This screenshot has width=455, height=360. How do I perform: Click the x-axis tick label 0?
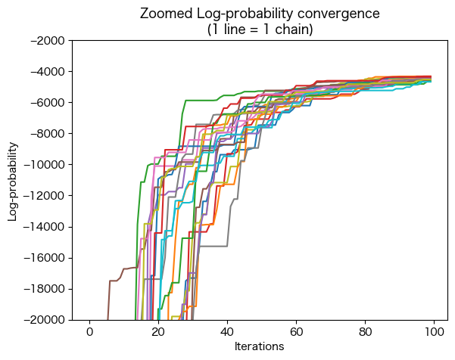[89, 332]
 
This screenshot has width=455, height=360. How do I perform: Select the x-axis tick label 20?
[158, 332]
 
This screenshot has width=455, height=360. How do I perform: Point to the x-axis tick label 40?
[227, 332]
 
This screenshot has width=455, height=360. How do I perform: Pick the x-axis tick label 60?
[296, 332]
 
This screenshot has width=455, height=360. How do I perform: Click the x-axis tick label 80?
[365, 332]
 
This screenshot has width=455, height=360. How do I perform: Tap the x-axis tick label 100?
[434, 332]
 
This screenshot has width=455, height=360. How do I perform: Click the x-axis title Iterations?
[260, 346]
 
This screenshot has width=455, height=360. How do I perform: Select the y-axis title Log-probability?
[13, 180]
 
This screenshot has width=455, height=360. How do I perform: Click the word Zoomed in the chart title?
[163, 14]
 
